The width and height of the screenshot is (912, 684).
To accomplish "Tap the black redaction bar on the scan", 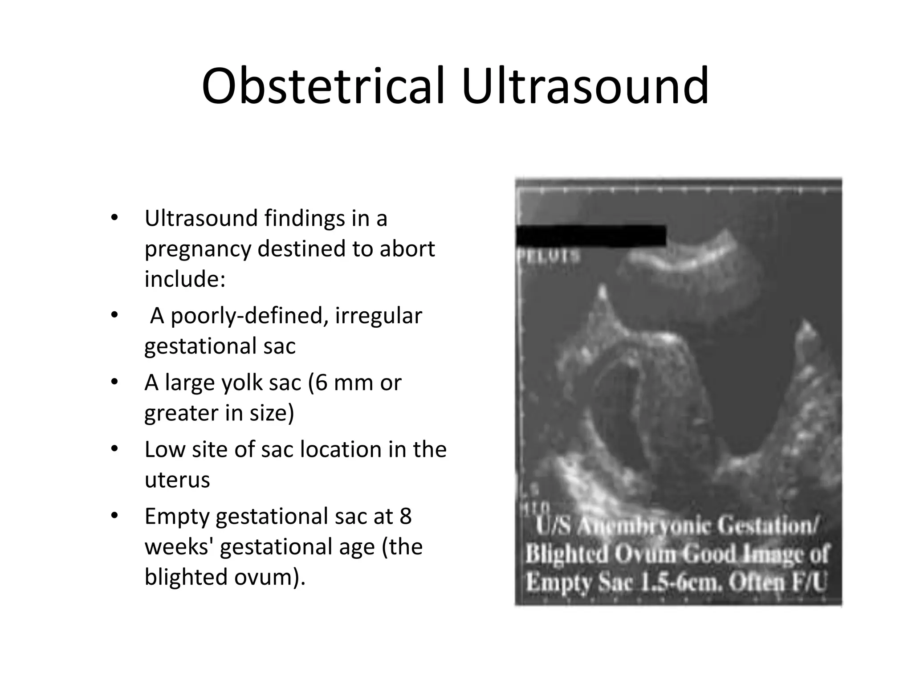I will pos(591,236).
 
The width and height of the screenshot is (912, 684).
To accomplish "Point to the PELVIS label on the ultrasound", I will pos(549,256).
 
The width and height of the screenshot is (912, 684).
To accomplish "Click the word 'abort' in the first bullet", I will pos(407,248).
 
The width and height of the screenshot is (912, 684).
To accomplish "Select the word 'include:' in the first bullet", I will pos(185,279).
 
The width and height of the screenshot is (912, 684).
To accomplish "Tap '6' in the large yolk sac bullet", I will pos(321,383).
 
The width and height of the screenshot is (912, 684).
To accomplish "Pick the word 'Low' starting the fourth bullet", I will pos(164,449).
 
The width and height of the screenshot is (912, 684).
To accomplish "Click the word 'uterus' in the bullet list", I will pos(177,480).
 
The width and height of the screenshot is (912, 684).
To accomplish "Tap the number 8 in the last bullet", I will pos(405,517).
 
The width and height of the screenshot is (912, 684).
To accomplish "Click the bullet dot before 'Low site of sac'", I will pos(114,449).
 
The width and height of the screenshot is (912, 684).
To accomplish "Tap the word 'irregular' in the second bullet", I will pos(378,316).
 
